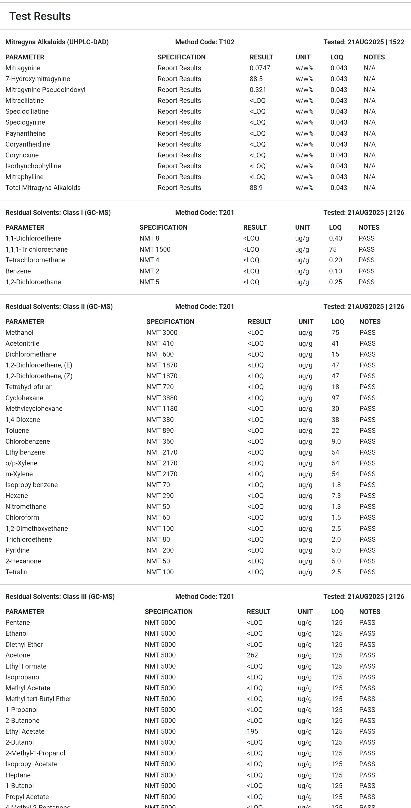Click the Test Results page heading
click(x=40, y=16)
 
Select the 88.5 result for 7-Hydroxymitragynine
click(x=256, y=79)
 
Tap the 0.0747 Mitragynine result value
click(x=260, y=68)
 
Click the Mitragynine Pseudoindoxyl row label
click(x=45, y=90)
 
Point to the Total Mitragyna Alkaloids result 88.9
click(x=256, y=187)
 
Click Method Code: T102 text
click(x=205, y=42)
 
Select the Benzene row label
click(x=18, y=271)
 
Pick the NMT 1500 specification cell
click(x=155, y=249)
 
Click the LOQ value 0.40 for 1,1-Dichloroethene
click(x=335, y=238)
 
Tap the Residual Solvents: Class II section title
click(x=59, y=307)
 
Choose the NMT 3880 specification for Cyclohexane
click(x=162, y=398)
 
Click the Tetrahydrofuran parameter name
click(x=29, y=387)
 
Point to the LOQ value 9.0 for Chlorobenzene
click(x=336, y=441)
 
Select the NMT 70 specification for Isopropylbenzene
click(x=158, y=485)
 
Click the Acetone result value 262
click(x=252, y=655)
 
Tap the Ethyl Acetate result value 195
click(x=252, y=731)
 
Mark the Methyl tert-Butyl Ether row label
click(x=38, y=699)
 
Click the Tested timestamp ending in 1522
click(x=363, y=42)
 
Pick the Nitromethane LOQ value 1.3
click(x=336, y=506)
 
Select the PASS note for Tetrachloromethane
click(x=366, y=260)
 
